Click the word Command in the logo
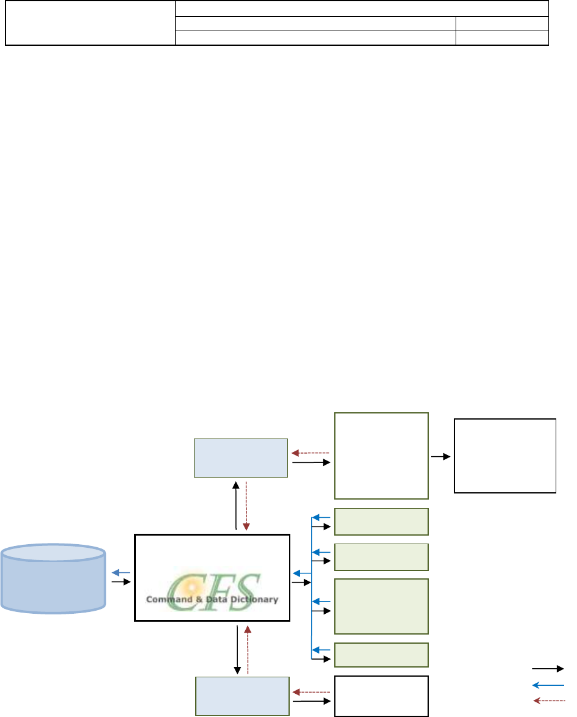167,599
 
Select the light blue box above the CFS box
240,457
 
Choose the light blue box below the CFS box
242,695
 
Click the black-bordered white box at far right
505,456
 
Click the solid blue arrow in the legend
548,685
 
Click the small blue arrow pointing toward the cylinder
120,573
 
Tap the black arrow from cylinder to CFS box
121,583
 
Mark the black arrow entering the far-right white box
441,456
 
